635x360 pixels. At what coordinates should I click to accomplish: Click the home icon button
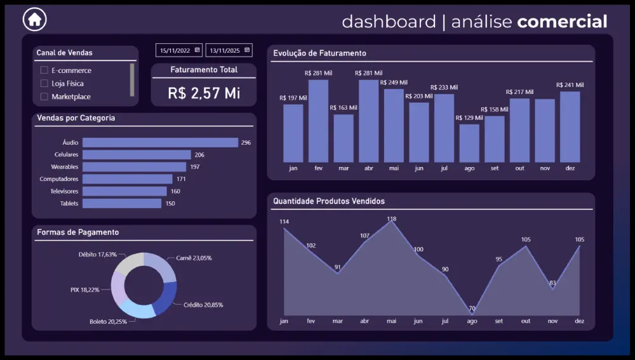34,19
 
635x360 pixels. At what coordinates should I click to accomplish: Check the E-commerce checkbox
44,70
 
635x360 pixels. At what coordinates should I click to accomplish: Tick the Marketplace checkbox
44,97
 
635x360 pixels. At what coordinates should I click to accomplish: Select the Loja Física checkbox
44,83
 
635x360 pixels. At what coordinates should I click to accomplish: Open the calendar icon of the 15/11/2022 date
197,50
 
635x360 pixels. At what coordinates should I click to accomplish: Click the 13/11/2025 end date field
229,50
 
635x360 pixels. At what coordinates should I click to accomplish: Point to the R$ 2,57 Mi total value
204,93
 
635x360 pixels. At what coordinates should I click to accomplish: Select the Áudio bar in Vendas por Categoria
161,143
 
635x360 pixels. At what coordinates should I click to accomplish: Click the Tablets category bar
122,203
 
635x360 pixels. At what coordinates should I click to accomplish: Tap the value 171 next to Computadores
181,179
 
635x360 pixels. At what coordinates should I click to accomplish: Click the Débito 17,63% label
98,255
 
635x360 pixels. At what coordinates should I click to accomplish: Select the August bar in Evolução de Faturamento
469,143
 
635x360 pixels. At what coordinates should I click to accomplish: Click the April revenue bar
368,121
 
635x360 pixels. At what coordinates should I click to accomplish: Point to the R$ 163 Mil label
344,108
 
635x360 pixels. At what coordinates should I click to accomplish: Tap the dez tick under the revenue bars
570,168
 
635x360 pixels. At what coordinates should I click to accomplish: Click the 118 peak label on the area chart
392,218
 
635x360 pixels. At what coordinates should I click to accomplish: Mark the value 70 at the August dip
472,308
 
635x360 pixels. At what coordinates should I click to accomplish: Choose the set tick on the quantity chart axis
498,321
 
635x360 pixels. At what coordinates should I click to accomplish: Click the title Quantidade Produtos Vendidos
329,201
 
